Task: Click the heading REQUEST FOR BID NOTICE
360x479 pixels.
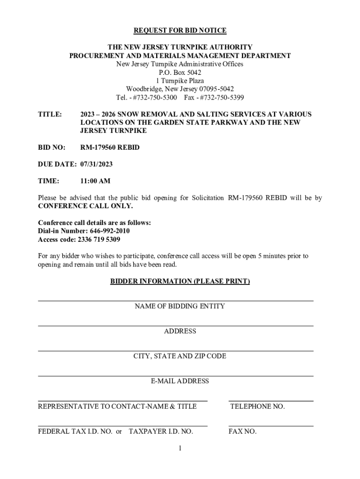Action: click(180, 30)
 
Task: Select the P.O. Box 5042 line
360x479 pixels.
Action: click(180, 73)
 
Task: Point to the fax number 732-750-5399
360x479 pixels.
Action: click(223, 98)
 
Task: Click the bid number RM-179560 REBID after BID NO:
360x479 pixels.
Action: click(110, 147)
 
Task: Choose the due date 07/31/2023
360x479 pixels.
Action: click(96, 164)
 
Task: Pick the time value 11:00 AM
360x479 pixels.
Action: click(95, 181)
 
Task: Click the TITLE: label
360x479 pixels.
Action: click(50, 114)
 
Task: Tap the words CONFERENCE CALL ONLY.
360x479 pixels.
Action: click(85, 206)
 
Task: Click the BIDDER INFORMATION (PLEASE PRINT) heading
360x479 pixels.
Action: click(180, 281)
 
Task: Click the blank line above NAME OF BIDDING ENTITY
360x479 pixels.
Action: click(175, 300)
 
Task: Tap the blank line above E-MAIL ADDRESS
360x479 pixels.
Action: click(175, 375)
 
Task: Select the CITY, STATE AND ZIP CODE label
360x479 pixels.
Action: click(180, 356)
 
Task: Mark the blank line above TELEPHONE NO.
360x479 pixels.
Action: click(271, 400)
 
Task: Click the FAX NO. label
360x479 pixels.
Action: click(242, 431)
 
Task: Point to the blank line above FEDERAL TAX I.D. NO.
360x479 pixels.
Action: click(122, 426)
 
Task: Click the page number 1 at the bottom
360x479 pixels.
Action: click(180, 449)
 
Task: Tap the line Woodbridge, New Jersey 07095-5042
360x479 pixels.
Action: click(180, 89)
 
